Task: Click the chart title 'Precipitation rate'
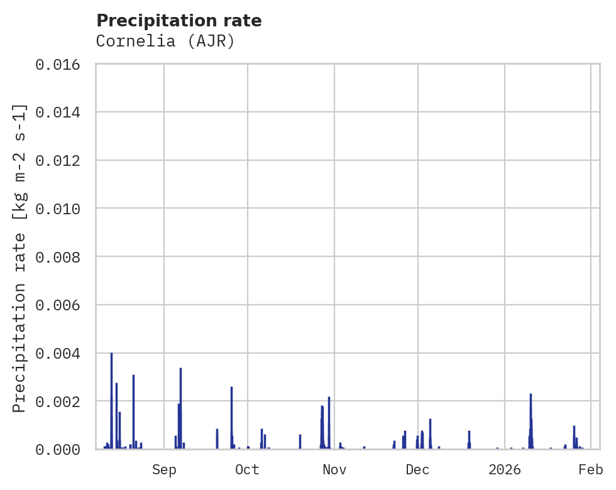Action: (179, 21)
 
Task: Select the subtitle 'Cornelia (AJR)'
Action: (165, 41)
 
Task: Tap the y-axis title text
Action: (20, 258)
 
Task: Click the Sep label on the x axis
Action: (164, 470)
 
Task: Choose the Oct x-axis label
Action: (247, 470)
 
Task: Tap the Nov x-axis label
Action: (334, 470)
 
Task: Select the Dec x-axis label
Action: (417, 470)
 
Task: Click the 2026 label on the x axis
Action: (505, 470)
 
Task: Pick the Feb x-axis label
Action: (591, 470)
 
